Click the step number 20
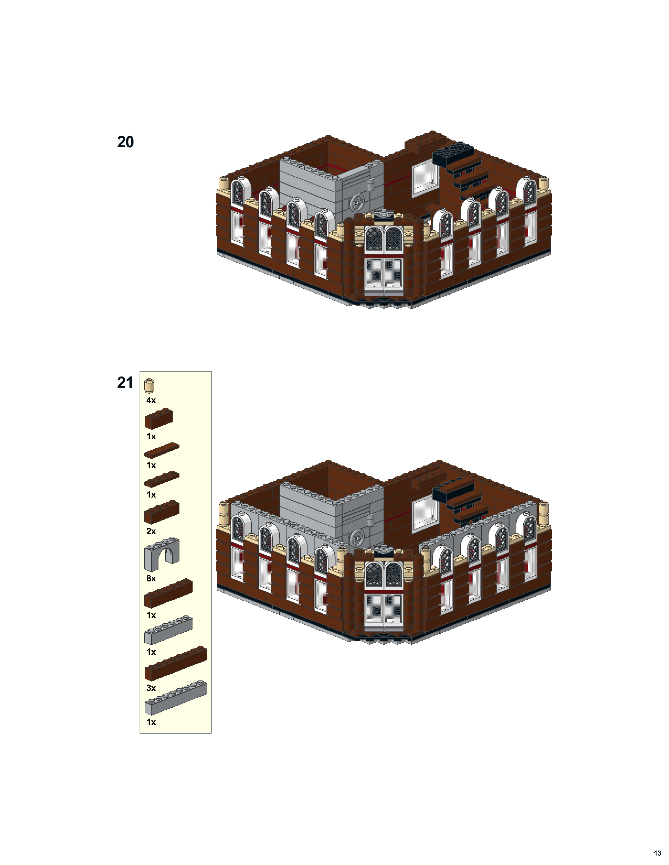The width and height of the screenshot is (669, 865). [125, 142]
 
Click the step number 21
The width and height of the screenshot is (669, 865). [125, 383]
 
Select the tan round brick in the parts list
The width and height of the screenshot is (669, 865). [150, 385]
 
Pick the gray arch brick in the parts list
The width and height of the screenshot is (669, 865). [162, 554]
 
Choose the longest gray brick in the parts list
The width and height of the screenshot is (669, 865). [176, 698]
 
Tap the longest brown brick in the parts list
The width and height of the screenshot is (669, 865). [176, 664]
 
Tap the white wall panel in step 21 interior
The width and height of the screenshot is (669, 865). [425, 513]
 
